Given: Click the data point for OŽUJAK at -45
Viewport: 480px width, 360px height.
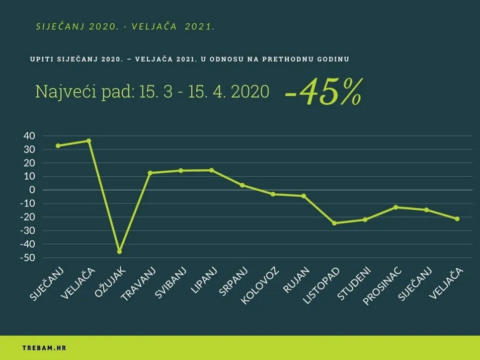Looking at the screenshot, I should pos(119,252).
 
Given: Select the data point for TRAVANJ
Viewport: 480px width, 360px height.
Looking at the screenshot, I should pos(150,173).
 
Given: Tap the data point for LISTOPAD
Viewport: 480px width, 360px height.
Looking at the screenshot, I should pos(334,223).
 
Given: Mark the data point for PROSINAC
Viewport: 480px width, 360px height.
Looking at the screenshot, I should pos(396,207).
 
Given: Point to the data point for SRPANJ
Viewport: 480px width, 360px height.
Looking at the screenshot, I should pos(242,185).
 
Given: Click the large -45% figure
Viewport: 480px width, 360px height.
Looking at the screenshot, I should pos(322,92).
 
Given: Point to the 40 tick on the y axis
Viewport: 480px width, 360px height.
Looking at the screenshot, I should pos(29,136).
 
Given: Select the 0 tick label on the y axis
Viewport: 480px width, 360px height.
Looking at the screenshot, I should pos(33,190).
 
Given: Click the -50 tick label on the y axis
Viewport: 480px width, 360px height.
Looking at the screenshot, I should pos(27,258).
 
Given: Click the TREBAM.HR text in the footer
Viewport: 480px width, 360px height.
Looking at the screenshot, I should pos(44,348).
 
